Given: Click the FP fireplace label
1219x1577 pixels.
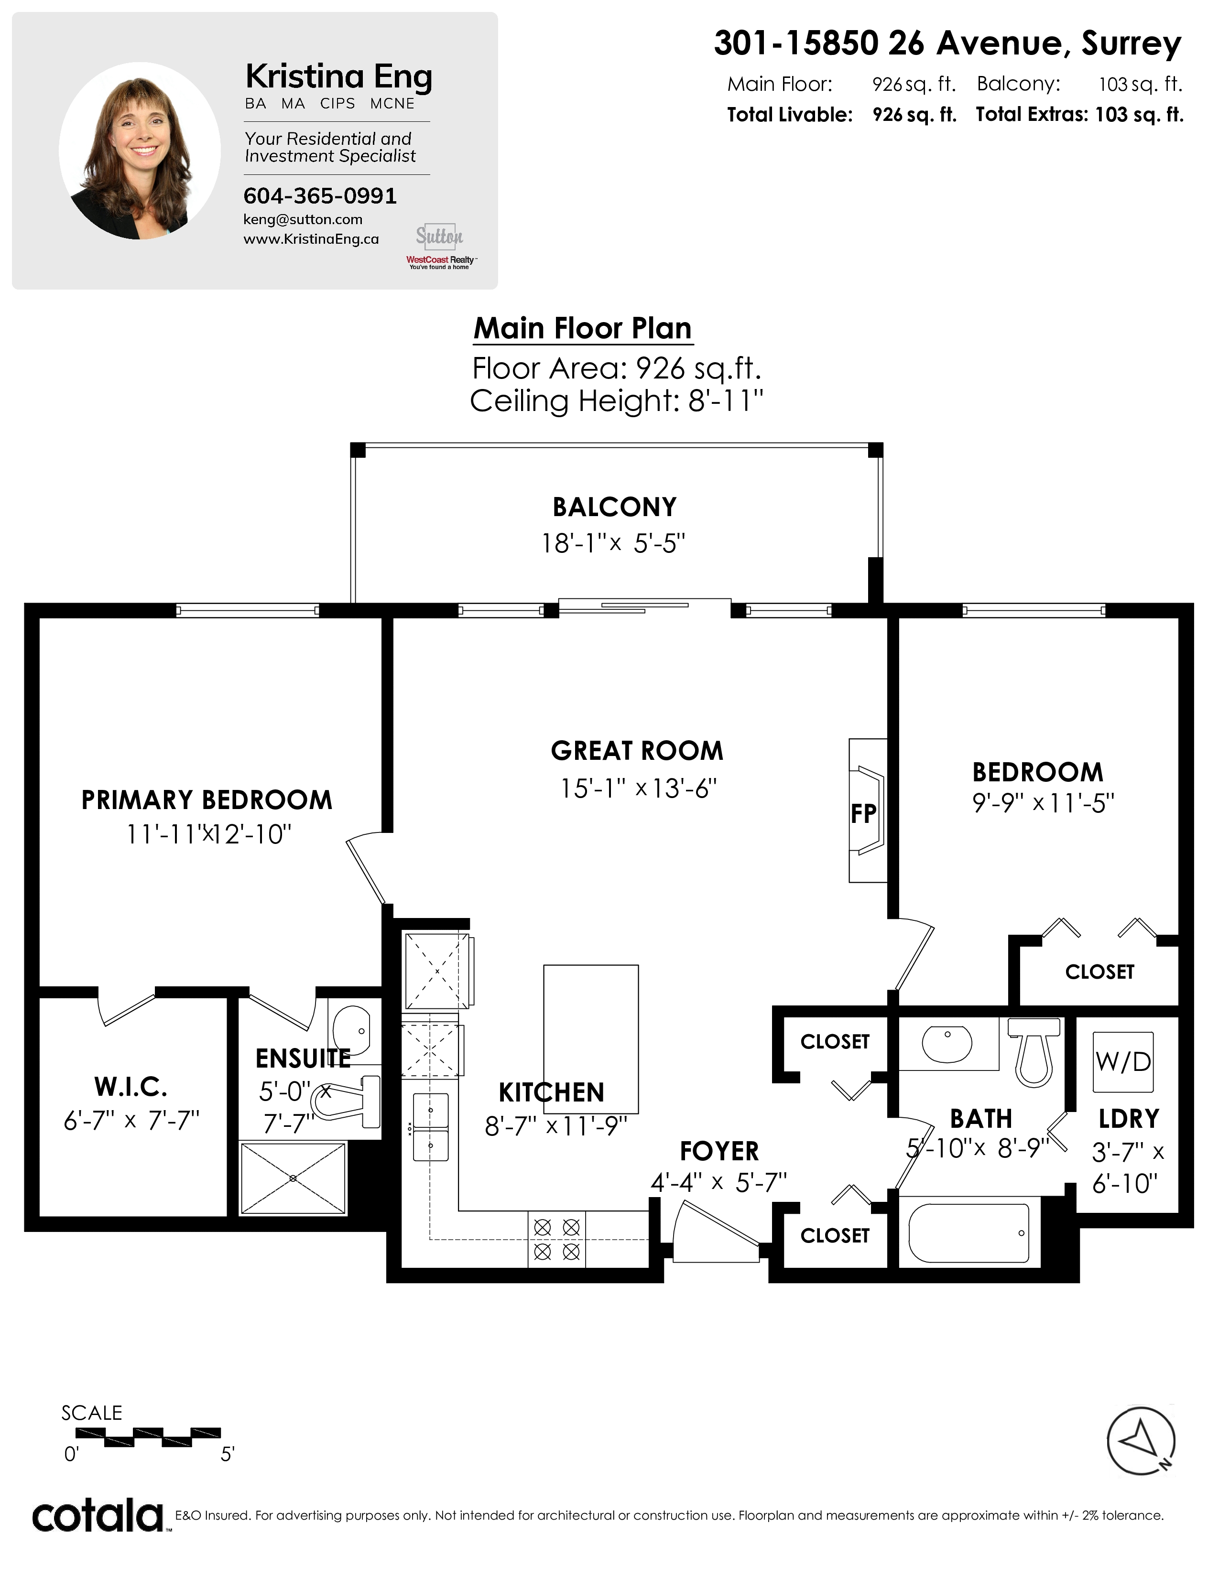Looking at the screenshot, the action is [x=863, y=814].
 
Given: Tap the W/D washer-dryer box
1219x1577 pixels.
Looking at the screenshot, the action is [x=1123, y=1061].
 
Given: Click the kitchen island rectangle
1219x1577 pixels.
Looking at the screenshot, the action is [x=591, y=1039].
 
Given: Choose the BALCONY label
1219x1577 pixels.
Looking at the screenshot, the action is [x=615, y=507].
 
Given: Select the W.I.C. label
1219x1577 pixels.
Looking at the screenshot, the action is [x=131, y=1086].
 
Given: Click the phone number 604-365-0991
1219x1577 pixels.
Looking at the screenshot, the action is [x=320, y=195].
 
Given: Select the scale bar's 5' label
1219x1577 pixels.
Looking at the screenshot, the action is [x=228, y=1454].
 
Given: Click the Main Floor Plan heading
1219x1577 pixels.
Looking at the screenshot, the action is [x=583, y=329].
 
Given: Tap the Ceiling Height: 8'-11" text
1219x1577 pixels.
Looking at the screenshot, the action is [x=617, y=401].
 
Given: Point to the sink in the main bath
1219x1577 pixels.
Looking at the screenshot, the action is [x=947, y=1043].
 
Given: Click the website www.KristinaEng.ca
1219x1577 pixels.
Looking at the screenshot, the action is [x=311, y=239].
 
